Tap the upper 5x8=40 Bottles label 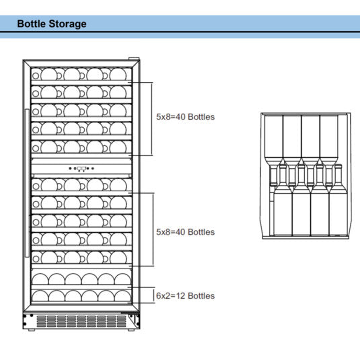(185, 116)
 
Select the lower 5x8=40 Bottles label (185, 232)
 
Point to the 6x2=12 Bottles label (185, 295)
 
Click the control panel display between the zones (81, 170)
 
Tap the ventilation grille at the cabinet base (81, 321)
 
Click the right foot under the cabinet (133, 329)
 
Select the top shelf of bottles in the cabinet (81, 73)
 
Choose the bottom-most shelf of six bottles (81, 295)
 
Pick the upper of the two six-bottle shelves (81, 277)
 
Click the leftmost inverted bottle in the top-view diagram (273, 138)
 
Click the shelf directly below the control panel (81, 184)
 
